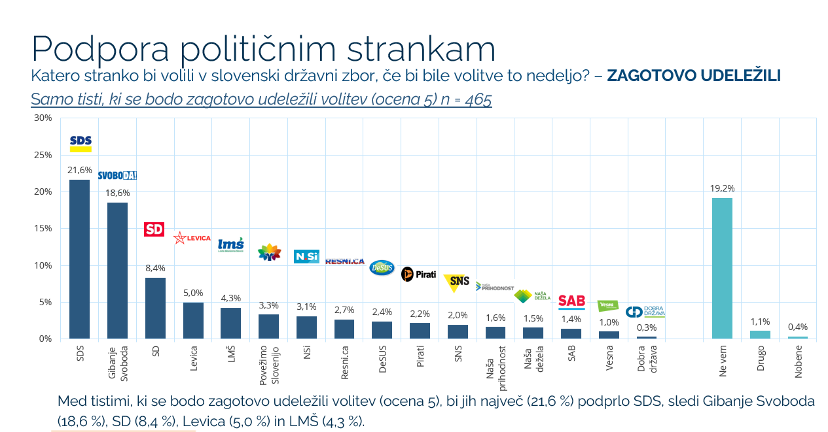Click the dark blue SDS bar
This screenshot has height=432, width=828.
(80, 259)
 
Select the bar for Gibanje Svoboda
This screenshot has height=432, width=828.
(118, 271)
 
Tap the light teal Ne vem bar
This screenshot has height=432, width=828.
(722, 268)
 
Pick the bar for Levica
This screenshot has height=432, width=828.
(193, 320)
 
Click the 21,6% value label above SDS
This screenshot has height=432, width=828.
(80, 170)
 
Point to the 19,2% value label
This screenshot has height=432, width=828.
(722, 188)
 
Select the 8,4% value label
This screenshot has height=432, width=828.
(155, 268)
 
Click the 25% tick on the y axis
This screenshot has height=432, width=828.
(43, 155)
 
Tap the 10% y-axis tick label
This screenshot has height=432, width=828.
(43, 265)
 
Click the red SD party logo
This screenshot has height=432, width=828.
(154, 229)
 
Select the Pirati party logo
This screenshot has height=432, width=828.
(418, 274)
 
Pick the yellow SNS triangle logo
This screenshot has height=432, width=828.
(457, 282)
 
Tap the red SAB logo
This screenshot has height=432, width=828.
(571, 301)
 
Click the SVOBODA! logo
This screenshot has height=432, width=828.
(117, 175)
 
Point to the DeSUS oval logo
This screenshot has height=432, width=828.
(382, 267)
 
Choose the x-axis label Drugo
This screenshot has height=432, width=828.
(761, 359)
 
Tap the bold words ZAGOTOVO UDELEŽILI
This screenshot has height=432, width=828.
(694, 76)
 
